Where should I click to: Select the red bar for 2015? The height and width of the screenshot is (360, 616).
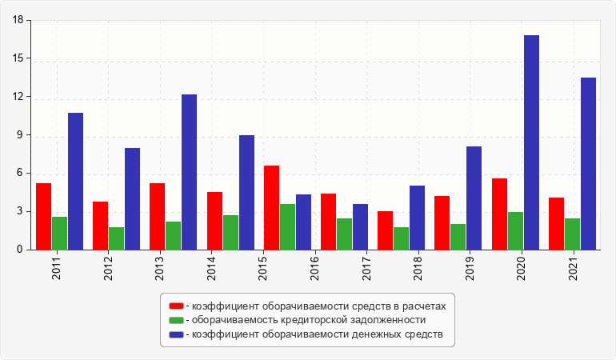click(271, 207)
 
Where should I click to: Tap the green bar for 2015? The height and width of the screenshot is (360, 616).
click(287, 226)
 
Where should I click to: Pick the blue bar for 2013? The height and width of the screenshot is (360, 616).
click(189, 172)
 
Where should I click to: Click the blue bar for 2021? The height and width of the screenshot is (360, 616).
click(588, 163)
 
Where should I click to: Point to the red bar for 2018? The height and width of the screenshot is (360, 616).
click(385, 230)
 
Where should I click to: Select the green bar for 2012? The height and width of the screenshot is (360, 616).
click(116, 238)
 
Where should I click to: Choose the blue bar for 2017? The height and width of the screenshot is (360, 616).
click(360, 226)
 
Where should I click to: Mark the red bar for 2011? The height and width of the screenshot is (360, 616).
click(43, 216)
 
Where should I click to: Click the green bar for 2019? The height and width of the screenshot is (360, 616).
click(458, 237)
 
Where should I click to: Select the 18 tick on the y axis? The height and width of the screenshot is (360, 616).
click(18, 20)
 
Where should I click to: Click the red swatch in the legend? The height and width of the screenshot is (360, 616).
click(175, 306)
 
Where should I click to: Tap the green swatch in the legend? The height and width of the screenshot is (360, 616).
click(175, 319)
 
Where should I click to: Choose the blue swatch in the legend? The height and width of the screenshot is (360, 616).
click(175, 334)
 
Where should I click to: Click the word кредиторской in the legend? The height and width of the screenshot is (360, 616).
click(298, 319)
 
